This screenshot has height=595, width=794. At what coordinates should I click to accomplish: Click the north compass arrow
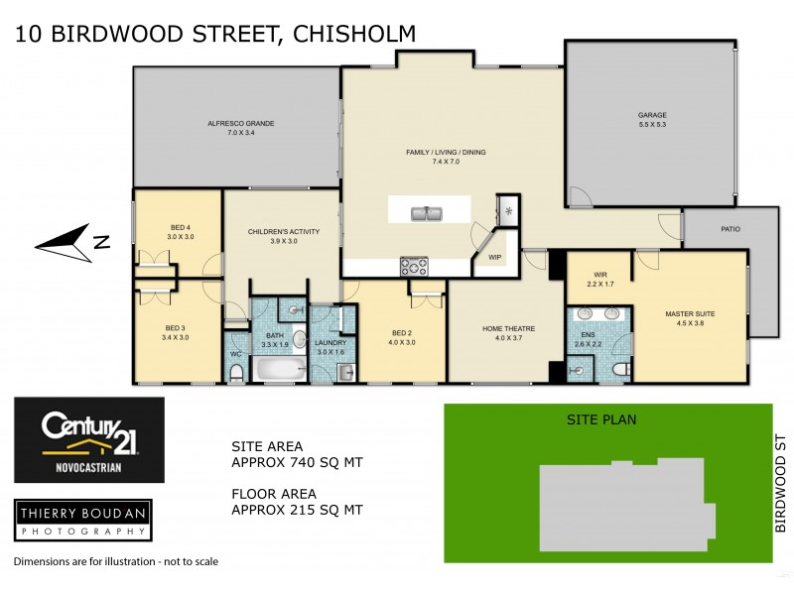point(67,240)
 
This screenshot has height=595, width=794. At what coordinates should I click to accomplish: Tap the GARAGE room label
point(652,115)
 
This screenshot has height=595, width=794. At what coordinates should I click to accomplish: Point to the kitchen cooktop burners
point(414,265)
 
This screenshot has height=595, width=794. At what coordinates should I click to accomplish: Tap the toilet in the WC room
point(236,372)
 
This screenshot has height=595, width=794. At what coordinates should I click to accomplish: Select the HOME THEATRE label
point(508,329)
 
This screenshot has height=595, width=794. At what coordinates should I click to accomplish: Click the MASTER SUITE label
point(689,313)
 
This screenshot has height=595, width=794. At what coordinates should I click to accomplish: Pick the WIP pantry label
point(493,257)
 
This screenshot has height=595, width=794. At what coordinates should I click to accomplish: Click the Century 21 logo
point(88,439)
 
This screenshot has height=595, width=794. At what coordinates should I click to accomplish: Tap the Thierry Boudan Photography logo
point(82,520)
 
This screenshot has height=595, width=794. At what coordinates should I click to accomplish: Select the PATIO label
point(730,229)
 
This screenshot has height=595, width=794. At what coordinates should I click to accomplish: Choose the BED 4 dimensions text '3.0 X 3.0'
point(180,237)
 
